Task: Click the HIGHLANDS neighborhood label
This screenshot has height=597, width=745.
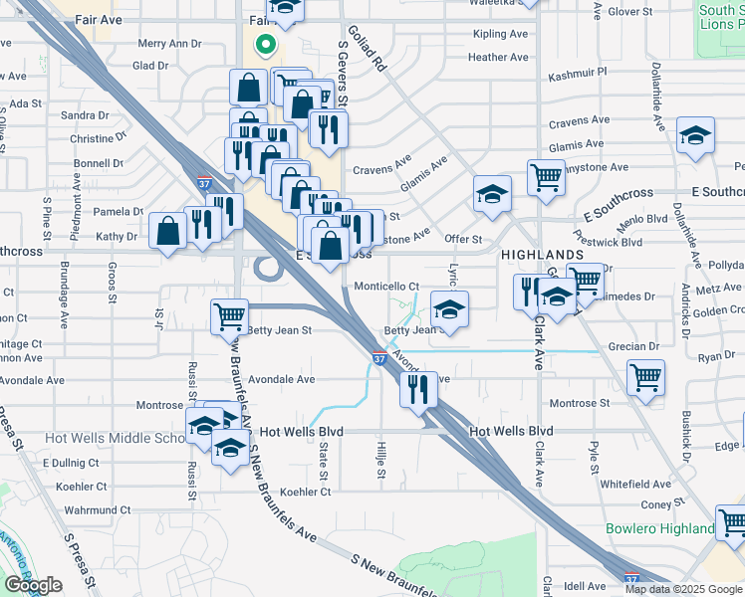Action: pos(541,255)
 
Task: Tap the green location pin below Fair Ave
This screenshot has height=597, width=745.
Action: pos(265,45)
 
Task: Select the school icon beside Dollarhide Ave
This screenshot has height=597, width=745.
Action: pos(695,138)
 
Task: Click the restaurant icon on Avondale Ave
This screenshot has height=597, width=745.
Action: pos(418,388)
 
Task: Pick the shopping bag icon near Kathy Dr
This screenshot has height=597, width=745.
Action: pos(168,231)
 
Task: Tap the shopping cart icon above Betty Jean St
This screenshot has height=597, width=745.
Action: pos(229,316)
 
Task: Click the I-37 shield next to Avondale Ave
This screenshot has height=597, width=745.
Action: pos(379,357)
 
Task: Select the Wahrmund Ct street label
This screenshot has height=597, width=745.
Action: pos(71,509)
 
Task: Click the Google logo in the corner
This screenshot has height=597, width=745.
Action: pos(33,585)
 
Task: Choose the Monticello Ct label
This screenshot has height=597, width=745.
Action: pos(386,286)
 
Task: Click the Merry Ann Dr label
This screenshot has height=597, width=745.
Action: pos(169,44)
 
